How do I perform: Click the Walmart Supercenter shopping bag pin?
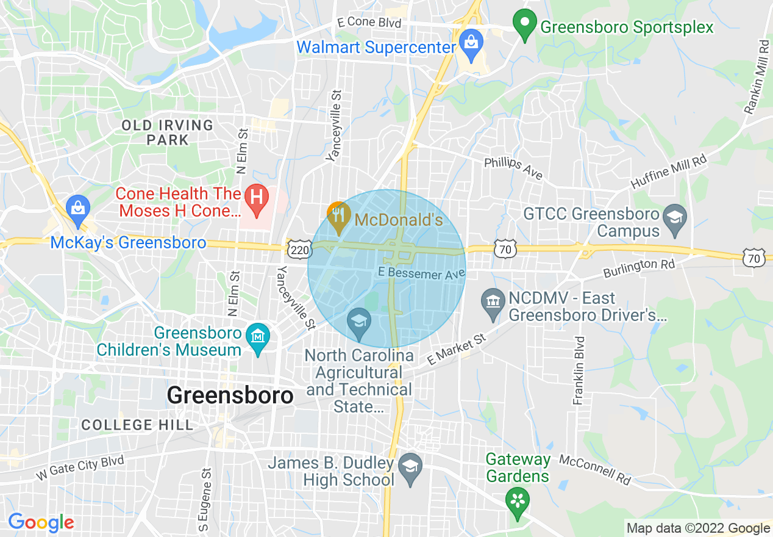(471, 43)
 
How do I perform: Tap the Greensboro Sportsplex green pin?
(524, 25)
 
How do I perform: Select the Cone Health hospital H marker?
(257, 198)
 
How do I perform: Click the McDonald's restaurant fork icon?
(338, 216)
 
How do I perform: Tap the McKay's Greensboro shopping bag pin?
(79, 208)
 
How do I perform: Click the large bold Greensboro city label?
(230, 395)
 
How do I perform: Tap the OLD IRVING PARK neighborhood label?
(167, 132)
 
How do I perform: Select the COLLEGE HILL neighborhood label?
(137, 425)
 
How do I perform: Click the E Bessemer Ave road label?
(421, 273)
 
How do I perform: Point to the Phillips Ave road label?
(513, 168)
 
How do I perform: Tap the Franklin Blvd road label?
(579, 370)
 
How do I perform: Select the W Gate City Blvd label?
(80, 467)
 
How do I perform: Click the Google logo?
(40, 522)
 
